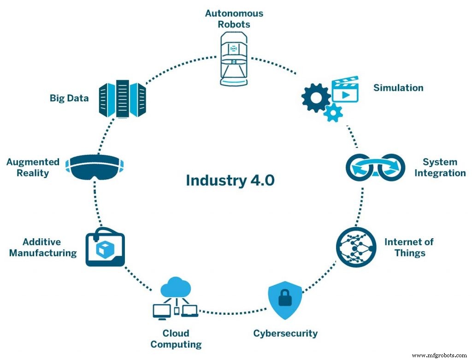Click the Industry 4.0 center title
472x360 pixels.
tap(230, 180)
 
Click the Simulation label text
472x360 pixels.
tap(398, 88)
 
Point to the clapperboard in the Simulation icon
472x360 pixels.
tap(345, 91)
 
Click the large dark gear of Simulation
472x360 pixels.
tap(316, 97)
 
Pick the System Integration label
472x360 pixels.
tap(440, 168)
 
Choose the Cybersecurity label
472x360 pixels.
tap(285, 333)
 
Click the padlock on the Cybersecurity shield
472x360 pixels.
tap(285, 299)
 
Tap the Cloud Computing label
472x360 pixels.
tap(176, 339)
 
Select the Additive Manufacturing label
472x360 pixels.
tap(43, 248)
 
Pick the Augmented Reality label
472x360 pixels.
tap(33, 167)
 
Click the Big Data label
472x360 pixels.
tap(69, 98)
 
